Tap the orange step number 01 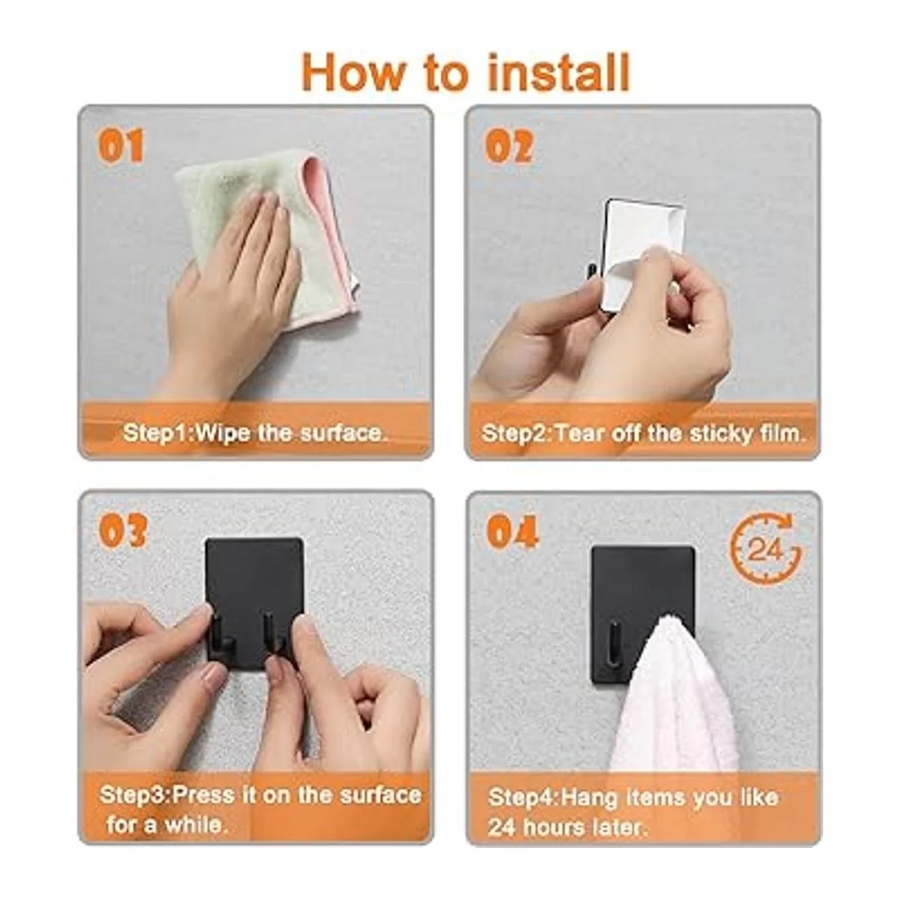[x=120, y=146]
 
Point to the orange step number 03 [x=122, y=531]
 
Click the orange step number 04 [x=512, y=531]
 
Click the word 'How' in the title [x=353, y=73]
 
